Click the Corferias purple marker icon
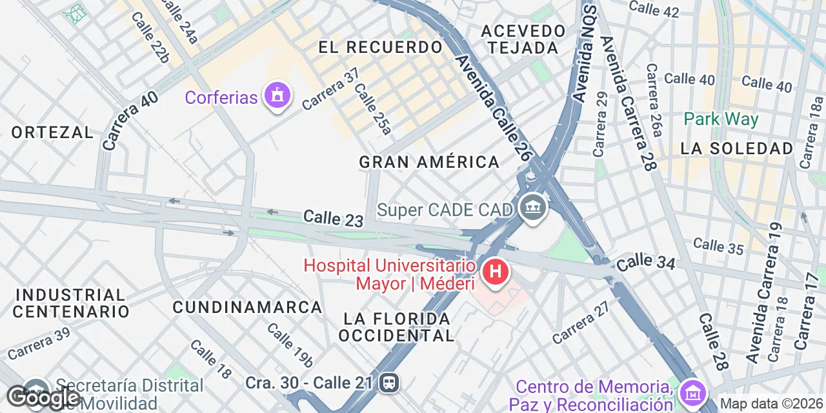click(x=277, y=96)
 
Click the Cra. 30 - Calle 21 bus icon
click(x=389, y=383)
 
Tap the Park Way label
click(x=721, y=119)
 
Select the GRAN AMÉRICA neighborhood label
click(x=429, y=162)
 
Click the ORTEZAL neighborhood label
click(x=52, y=132)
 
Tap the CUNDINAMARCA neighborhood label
click(x=247, y=307)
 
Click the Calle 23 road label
click(x=333, y=218)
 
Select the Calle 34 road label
click(x=645, y=263)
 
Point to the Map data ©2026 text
click(x=771, y=404)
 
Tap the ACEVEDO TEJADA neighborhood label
click(x=523, y=39)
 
